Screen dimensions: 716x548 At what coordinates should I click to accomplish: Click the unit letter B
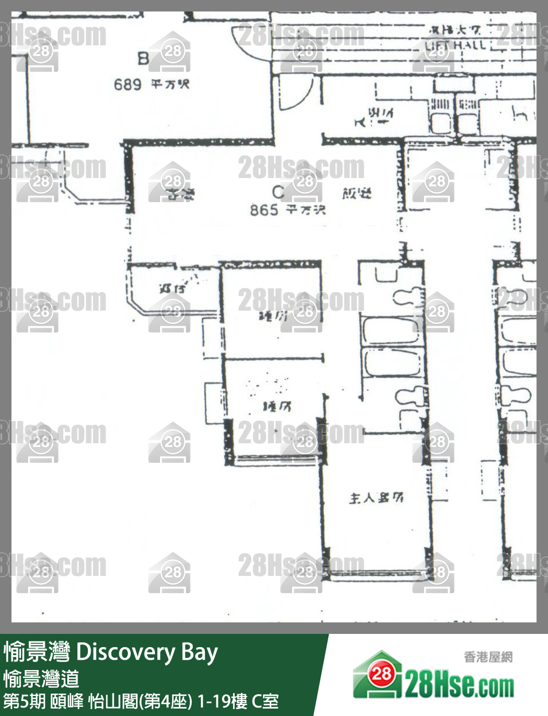143,58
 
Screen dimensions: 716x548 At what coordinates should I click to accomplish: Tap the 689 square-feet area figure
127,85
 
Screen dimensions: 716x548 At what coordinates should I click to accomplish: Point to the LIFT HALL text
456,45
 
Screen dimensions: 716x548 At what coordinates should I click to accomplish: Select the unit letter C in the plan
278,191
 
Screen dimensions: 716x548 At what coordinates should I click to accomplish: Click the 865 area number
264,210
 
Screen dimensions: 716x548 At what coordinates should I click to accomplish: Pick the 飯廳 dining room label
357,194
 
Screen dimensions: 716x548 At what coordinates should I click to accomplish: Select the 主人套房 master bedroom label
376,498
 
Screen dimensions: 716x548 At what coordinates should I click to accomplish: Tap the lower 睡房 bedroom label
277,407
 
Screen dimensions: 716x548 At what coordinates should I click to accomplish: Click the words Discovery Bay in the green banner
147,652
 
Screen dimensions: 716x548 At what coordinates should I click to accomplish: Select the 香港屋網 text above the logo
488,657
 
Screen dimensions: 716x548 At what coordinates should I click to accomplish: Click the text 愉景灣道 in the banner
41,679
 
